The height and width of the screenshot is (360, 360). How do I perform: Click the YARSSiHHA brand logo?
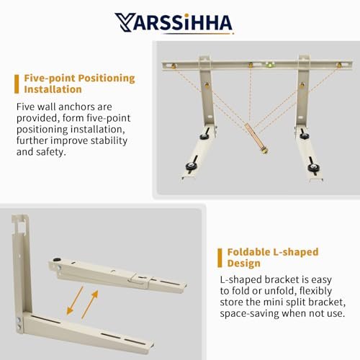pos(174,22)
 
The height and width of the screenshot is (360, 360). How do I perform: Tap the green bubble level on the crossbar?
pos(270,65)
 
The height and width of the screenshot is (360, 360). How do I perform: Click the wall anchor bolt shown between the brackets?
pos(256,138)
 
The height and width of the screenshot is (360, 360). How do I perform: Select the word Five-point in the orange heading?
pos(50,78)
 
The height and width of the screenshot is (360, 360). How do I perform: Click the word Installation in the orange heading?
pos(53,89)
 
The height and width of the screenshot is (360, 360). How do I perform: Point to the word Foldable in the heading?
pos(248,252)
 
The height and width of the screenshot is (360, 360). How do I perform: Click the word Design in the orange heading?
pos(243,264)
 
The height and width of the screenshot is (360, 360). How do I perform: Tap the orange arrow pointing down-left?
pos(74,300)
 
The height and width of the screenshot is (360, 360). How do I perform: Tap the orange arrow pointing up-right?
pos(90,305)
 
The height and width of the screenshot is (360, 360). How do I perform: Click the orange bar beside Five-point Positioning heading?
pos(17,84)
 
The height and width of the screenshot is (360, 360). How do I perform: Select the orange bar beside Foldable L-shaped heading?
pos(220,258)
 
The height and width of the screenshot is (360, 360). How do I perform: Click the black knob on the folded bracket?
pos(57,260)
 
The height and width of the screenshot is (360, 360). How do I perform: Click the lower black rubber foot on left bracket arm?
pos(191,166)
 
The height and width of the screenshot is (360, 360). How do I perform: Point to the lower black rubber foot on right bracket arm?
pos(313,166)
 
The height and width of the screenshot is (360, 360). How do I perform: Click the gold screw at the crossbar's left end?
pos(174,66)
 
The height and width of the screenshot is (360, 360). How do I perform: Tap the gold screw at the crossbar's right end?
pos(339,65)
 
